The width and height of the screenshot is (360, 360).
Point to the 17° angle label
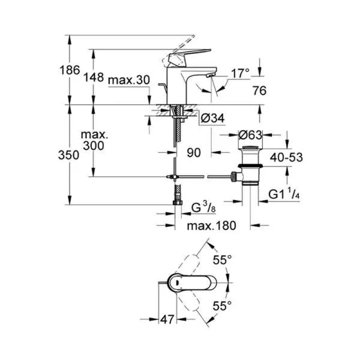[x=239, y=74]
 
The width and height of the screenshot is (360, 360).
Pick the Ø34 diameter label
[x=209, y=120]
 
